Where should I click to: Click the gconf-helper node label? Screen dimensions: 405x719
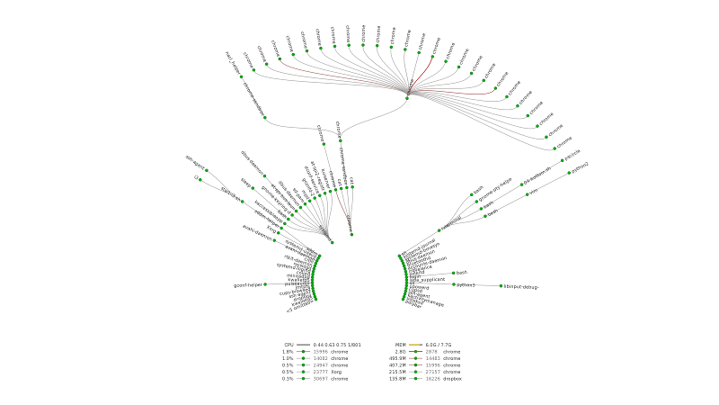point(247,285)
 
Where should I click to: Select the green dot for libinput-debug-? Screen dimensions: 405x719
point(502,286)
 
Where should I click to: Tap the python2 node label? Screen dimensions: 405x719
point(581,166)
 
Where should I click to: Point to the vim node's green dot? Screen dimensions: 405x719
point(527,193)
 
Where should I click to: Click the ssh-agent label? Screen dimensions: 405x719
point(195,159)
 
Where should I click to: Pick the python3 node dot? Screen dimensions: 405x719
point(453,284)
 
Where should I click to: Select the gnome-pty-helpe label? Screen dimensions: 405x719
point(495,186)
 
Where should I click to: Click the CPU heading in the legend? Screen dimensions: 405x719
point(288,345)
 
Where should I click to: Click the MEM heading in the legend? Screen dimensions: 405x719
point(401,345)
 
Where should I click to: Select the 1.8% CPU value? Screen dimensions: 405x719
point(288,352)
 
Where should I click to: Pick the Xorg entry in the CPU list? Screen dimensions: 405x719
point(336,372)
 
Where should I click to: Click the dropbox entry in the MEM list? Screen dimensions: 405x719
point(452,379)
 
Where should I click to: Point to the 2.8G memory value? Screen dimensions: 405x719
point(401,352)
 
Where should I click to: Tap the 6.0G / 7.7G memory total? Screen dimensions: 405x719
point(438,345)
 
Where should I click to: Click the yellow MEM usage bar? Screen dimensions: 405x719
point(415,345)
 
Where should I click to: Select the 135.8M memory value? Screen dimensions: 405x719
point(398,379)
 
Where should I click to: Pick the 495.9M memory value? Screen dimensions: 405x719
point(398,358)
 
